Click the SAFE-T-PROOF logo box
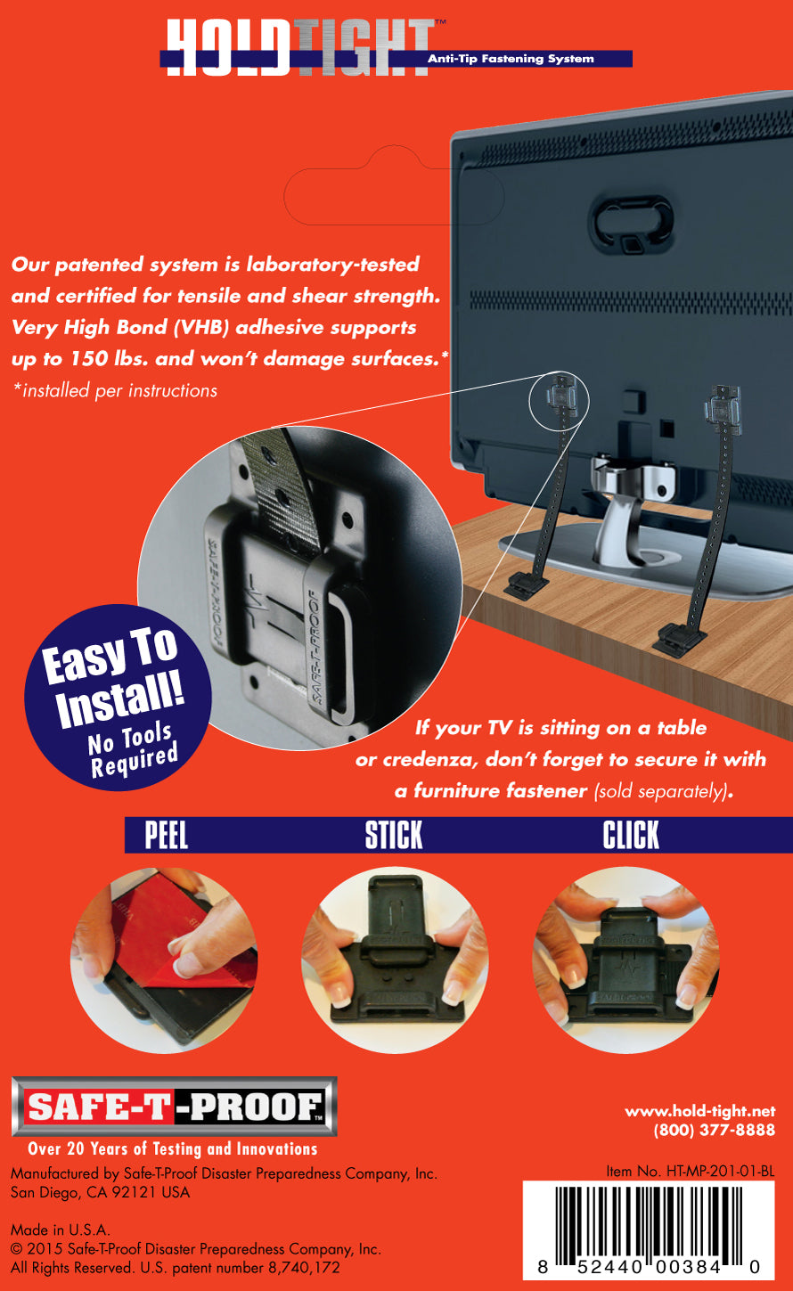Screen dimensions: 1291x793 pyautogui.click(x=174, y=1107)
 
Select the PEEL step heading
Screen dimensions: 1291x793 pyautogui.click(x=167, y=836)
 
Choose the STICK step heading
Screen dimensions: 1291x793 pyautogui.click(x=394, y=836)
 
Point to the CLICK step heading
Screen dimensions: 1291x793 pyautogui.click(x=631, y=836)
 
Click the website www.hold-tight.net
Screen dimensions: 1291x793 pyautogui.click(x=699, y=1111)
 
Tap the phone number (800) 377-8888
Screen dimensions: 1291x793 pyautogui.click(x=714, y=1130)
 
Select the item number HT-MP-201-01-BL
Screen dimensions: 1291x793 pyautogui.click(x=690, y=1172)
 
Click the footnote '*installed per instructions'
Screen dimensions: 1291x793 pyautogui.click(x=114, y=390)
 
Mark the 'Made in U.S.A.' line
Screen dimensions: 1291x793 pyautogui.click(x=61, y=1230)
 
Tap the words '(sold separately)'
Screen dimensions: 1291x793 pyautogui.click(x=660, y=791)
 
